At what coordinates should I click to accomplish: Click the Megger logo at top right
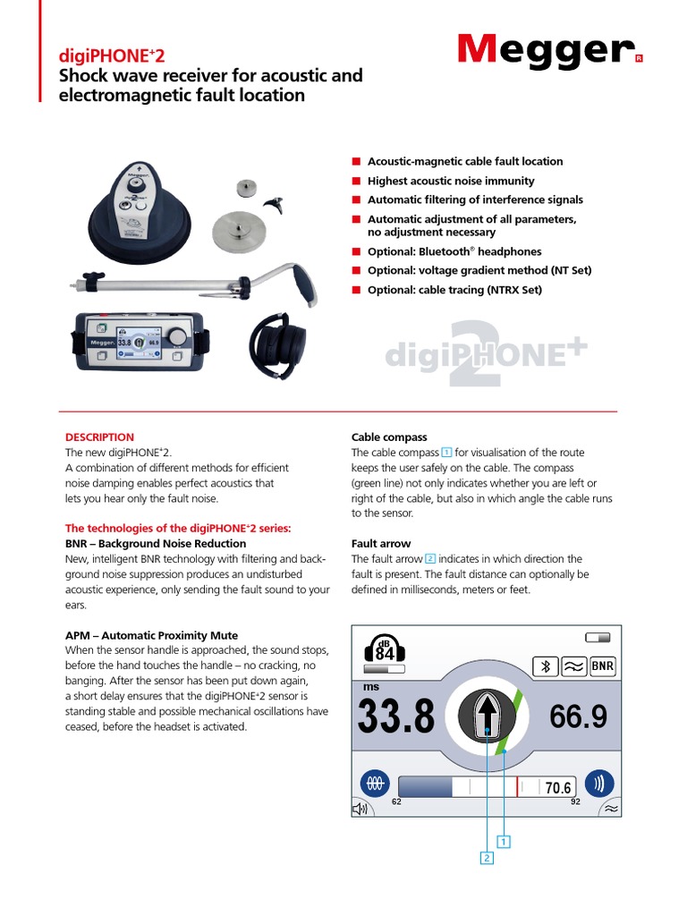click(547, 50)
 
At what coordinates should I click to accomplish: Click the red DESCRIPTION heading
click(99, 437)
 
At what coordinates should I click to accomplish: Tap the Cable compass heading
click(389, 437)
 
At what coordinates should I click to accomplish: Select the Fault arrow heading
click(381, 543)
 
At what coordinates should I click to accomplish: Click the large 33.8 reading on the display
click(396, 717)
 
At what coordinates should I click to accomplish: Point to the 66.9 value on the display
click(579, 716)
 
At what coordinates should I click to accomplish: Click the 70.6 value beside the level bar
click(558, 787)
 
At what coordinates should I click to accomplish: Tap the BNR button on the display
click(603, 666)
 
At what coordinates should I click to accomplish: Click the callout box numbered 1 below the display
click(505, 842)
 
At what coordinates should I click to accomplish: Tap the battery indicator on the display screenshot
click(598, 637)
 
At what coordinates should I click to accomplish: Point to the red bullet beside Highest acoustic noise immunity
click(355, 181)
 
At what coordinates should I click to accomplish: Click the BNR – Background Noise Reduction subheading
click(156, 543)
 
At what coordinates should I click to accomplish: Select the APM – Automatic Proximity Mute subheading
click(151, 634)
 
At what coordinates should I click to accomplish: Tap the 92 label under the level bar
click(575, 801)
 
